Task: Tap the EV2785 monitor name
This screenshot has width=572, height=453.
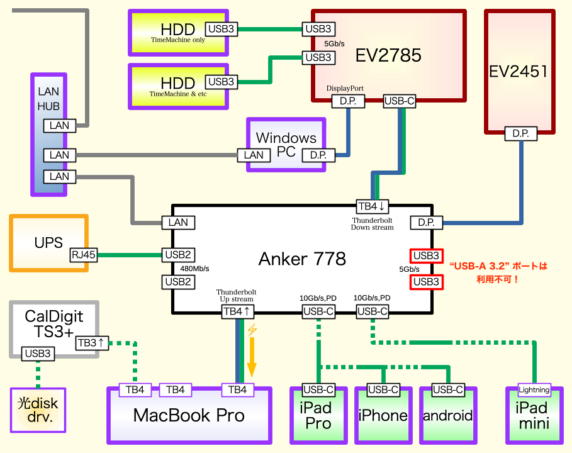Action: pyautogui.click(x=388, y=55)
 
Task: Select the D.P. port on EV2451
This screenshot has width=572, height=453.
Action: pyautogui.click(x=520, y=133)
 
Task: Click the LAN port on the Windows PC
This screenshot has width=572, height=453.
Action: pyautogui.click(x=254, y=155)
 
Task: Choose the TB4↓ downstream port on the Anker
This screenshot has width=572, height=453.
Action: pyautogui.click(x=374, y=206)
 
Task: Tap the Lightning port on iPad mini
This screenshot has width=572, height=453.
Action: pyautogui.click(x=534, y=389)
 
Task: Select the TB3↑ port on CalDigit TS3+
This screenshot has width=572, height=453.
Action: pyautogui.click(x=93, y=343)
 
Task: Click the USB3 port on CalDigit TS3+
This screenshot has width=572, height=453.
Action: pyautogui.click(x=38, y=354)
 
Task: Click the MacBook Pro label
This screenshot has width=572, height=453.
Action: pyautogui.click(x=189, y=415)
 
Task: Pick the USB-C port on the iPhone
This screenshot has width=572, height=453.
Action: pyautogui.click(x=383, y=389)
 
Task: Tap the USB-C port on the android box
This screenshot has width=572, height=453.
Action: pyautogui.click(x=449, y=389)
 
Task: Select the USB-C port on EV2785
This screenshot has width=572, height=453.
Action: pyautogui.click(x=399, y=100)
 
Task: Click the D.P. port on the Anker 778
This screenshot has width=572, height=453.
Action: pyautogui.click(x=427, y=223)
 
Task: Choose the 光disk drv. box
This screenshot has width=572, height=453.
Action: pyautogui.click(x=38, y=410)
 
